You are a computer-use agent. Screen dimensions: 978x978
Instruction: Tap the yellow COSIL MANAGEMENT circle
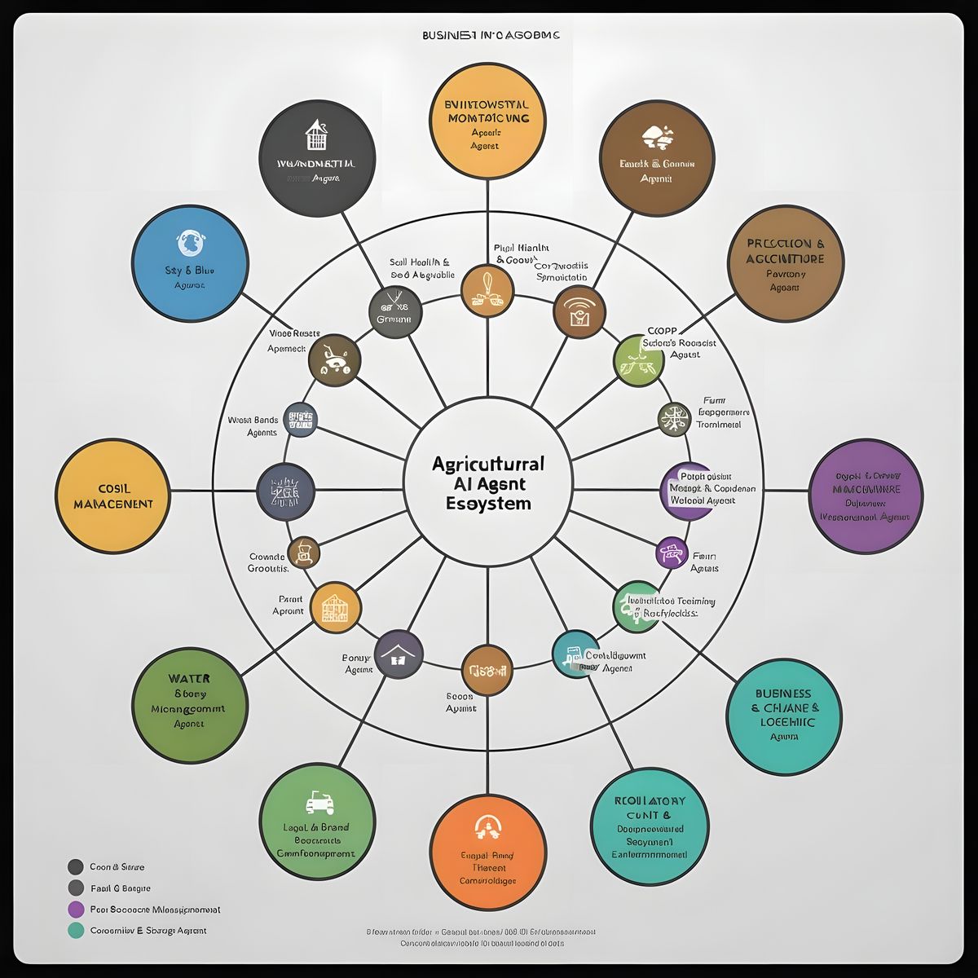pyautogui.click(x=114, y=496)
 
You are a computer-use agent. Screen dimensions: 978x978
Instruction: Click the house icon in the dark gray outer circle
pyautogui.click(x=315, y=135)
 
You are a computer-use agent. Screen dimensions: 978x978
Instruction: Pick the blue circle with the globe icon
pyautogui.click(x=189, y=262)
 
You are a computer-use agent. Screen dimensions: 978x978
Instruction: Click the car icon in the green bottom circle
pyautogui.click(x=319, y=803)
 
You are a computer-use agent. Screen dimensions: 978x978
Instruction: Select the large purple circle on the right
pyautogui.click(x=866, y=496)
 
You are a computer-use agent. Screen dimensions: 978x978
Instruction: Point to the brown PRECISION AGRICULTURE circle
pyautogui.click(x=785, y=263)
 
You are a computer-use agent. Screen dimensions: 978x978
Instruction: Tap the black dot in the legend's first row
pyautogui.click(x=76, y=866)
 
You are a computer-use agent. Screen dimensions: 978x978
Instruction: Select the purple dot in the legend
pyautogui.click(x=76, y=909)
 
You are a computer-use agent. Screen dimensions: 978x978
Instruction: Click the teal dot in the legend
pyautogui.click(x=76, y=930)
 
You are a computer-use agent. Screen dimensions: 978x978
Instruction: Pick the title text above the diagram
pyautogui.click(x=491, y=35)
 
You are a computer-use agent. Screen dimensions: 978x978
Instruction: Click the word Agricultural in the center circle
pyautogui.click(x=487, y=464)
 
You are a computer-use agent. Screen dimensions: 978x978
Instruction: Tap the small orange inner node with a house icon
pyautogui.click(x=335, y=607)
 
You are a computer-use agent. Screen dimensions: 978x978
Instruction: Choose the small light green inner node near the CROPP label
pyautogui.click(x=638, y=359)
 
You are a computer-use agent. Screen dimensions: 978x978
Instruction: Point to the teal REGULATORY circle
pyautogui.click(x=650, y=827)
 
